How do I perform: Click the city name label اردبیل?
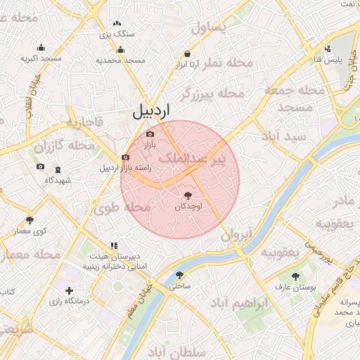pos(151,110)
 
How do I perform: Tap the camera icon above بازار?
pos(150,134)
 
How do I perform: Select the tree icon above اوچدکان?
pos(188,195)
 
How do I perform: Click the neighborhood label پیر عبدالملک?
pos(192,160)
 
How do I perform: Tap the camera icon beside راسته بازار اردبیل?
pos(125,157)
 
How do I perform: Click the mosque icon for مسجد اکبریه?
pos(41,48)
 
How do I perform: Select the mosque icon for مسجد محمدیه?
pos(120,50)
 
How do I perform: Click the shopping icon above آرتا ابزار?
pos(187,54)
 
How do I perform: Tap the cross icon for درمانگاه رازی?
pos(68,290)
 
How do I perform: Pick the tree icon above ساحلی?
pos(180,276)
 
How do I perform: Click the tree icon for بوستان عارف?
pos(295,276)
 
